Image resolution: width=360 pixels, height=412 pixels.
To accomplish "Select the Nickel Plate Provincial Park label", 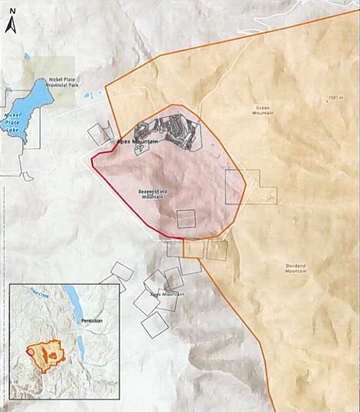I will (64, 83).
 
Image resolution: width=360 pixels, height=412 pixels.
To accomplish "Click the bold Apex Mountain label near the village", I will (138, 141).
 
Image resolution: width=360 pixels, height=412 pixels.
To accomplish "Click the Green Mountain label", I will (264, 110).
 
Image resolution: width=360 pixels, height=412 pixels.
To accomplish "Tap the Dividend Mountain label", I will (292, 268).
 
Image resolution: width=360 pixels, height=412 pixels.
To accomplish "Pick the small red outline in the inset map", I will (30, 352).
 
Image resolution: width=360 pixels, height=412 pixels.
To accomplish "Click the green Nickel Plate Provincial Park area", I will (51, 71).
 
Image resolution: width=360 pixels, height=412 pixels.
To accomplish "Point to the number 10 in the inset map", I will (14, 383).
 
